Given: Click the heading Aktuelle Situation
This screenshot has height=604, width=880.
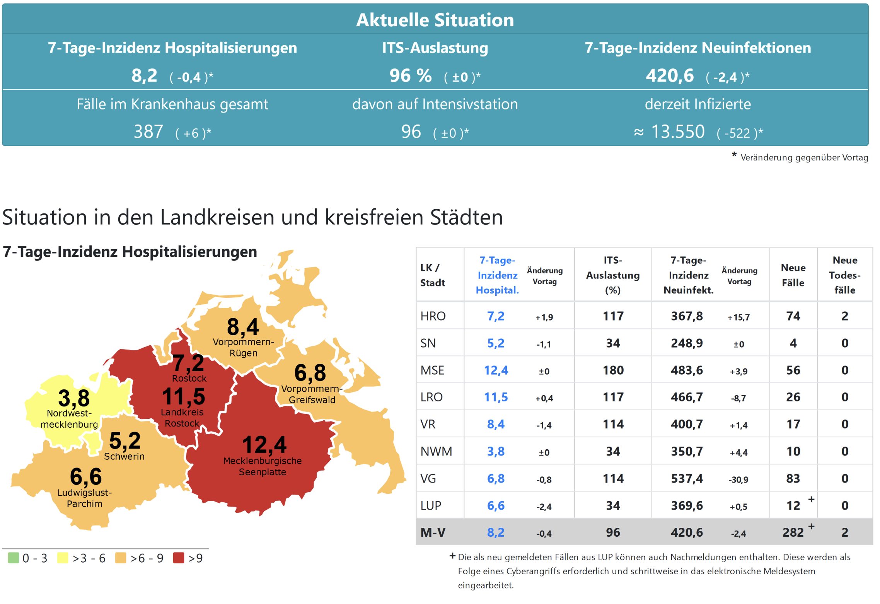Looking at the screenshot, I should pyautogui.click(x=435, y=20).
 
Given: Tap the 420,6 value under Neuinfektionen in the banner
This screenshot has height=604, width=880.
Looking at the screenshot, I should pyautogui.click(x=670, y=76).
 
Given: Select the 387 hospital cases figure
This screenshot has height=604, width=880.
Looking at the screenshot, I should pyautogui.click(x=148, y=132).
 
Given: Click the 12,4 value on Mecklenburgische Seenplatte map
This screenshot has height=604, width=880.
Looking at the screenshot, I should pyautogui.click(x=264, y=445).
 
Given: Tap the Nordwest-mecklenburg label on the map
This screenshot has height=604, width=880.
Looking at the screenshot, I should pyautogui.click(x=69, y=419).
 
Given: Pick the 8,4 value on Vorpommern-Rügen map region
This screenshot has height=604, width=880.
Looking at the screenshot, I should pyautogui.click(x=243, y=327).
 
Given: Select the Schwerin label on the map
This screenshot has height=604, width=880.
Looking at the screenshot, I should pyautogui.click(x=124, y=457).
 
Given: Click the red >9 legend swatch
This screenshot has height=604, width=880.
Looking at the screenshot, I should pyautogui.click(x=179, y=558).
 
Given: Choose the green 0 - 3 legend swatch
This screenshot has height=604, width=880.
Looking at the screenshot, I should pyautogui.click(x=14, y=558).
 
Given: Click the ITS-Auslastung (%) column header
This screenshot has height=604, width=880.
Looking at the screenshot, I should pyautogui.click(x=613, y=275).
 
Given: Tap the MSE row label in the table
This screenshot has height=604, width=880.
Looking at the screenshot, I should pyautogui.click(x=432, y=370).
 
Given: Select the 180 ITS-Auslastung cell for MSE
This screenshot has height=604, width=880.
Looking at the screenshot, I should pyautogui.click(x=613, y=370).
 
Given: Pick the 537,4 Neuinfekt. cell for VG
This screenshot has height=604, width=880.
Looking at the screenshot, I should pyautogui.click(x=687, y=479).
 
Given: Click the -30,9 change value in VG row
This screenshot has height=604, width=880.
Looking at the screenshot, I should pyautogui.click(x=738, y=480).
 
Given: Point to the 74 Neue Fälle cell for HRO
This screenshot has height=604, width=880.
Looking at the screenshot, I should pyautogui.click(x=793, y=316).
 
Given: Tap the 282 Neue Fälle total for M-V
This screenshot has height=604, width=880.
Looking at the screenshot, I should pyautogui.click(x=793, y=533).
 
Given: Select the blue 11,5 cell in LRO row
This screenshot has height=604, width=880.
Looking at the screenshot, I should pyautogui.click(x=496, y=397).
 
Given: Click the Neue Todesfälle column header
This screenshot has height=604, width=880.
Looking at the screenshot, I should pyautogui.click(x=845, y=275).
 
